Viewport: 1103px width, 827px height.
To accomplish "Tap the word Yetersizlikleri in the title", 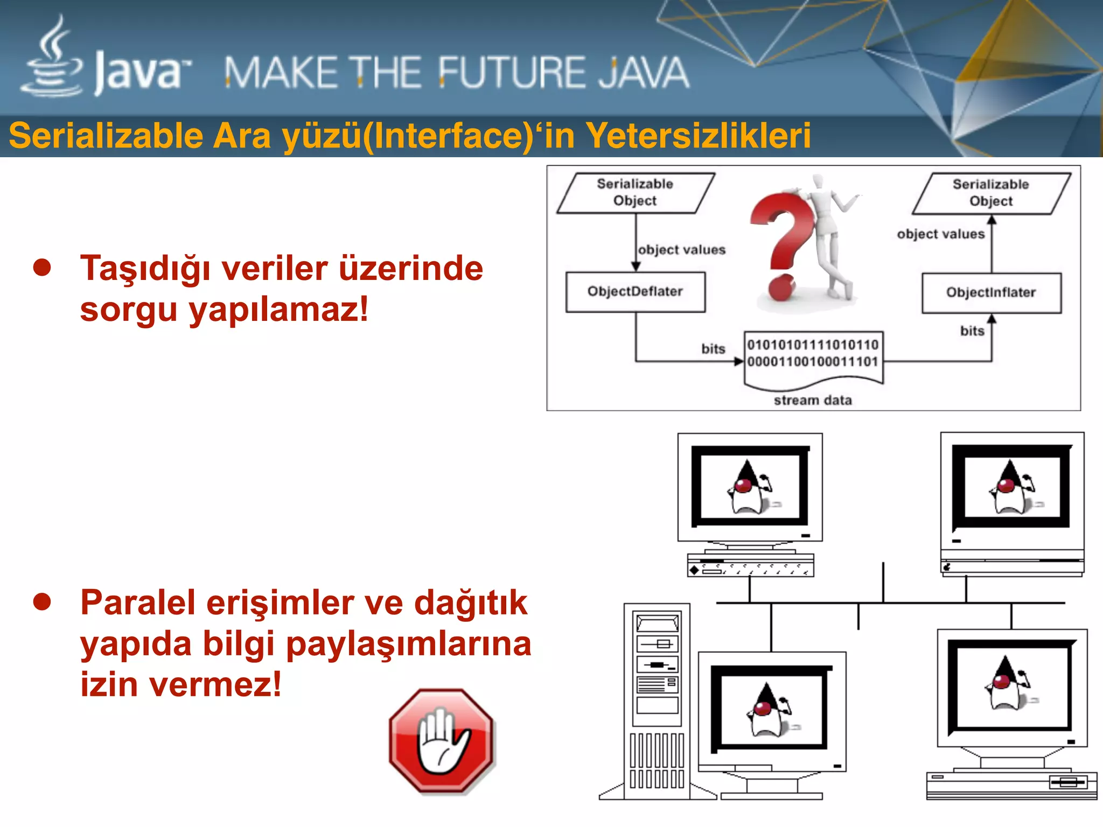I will tap(698, 136).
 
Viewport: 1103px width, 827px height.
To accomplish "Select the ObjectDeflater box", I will tap(635, 292).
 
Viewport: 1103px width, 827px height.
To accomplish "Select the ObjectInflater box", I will tap(991, 293).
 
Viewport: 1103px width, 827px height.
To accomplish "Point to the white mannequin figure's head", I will tap(818, 182).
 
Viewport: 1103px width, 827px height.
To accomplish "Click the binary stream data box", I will tap(813, 355).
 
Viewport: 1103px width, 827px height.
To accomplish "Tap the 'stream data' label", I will tap(813, 401).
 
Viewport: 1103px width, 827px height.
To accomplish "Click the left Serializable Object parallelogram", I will tap(635, 193).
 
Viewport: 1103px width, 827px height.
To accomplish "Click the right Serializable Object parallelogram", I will tap(991, 193).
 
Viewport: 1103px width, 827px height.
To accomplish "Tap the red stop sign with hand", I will tap(442, 741).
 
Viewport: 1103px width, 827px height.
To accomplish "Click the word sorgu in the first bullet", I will tap(128, 310).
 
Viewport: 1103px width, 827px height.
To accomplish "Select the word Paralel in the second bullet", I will tap(137, 602).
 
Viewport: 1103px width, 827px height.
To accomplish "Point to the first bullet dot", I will tap(42, 267).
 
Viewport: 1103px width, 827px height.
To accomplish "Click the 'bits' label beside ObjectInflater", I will tap(972, 331).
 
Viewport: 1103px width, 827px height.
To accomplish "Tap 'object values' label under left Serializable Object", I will tap(681, 250).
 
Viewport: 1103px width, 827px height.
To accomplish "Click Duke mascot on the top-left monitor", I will tap(749, 488).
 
